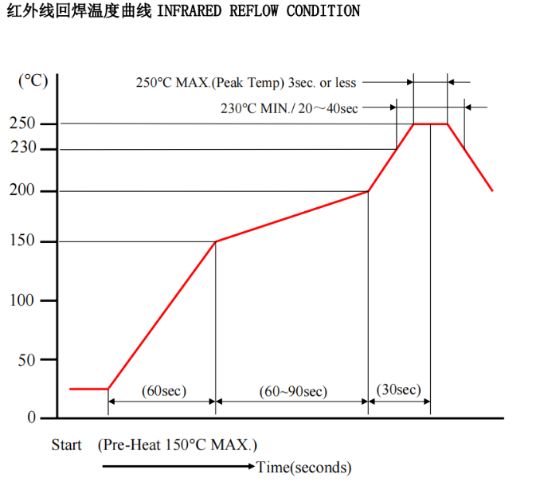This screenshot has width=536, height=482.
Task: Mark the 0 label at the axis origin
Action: (x=32, y=417)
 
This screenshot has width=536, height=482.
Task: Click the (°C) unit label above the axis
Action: (x=33, y=80)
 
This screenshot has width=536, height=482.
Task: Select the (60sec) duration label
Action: (x=163, y=390)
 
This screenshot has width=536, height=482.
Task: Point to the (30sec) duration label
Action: (x=398, y=389)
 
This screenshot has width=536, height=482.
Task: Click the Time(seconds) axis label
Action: (x=303, y=467)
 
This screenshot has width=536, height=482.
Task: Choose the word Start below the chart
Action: (x=67, y=445)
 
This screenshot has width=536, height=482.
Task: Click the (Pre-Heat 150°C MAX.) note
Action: (x=178, y=445)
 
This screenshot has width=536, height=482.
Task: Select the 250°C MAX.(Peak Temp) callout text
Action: (x=246, y=82)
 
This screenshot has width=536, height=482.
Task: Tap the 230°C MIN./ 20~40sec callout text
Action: (x=289, y=108)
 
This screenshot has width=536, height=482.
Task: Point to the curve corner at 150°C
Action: (x=216, y=241)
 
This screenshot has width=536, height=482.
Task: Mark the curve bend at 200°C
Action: (x=368, y=191)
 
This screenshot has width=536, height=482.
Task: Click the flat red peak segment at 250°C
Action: (x=430, y=123)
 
